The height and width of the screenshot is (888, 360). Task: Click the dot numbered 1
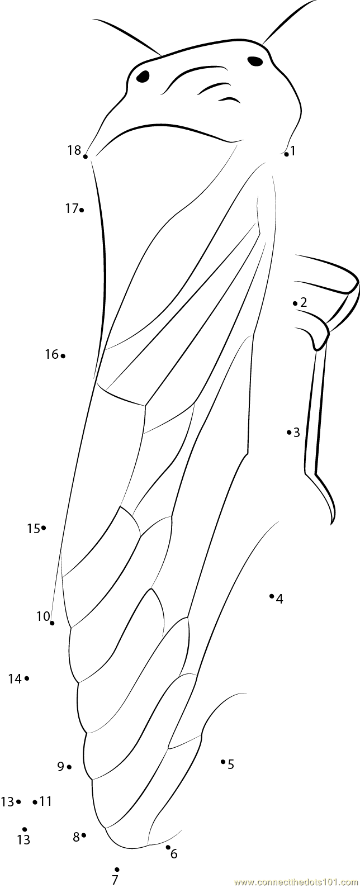(x=286, y=154)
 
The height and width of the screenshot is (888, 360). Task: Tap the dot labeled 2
(x=295, y=303)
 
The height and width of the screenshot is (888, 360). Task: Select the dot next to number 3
(x=289, y=432)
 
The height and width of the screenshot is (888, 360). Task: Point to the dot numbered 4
(x=272, y=596)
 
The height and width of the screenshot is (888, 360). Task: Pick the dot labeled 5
(x=223, y=761)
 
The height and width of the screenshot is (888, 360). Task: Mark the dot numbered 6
(x=168, y=847)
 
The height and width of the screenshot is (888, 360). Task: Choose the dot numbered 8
(x=84, y=835)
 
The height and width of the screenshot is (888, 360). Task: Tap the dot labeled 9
(x=69, y=767)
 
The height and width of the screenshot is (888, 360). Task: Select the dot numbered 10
(x=52, y=623)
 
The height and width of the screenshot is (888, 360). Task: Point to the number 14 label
(x=15, y=679)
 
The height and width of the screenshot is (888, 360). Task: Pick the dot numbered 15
(x=43, y=528)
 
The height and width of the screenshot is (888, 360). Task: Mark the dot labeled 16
(x=63, y=355)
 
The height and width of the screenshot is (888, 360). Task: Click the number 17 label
(x=72, y=208)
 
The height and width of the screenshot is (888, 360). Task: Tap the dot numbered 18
(x=85, y=156)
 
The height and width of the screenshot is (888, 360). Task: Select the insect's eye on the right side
(x=255, y=61)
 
